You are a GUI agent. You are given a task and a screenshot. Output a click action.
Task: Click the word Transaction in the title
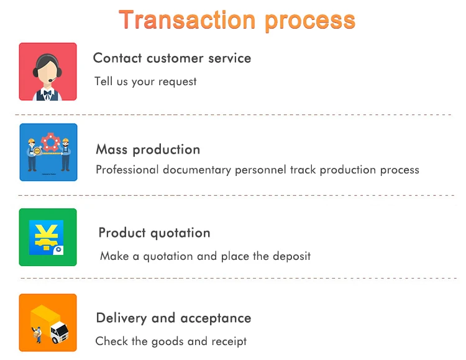[x=187, y=20]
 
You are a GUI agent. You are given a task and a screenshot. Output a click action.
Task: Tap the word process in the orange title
[x=310, y=21]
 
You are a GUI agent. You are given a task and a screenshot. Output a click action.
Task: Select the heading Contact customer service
[x=172, y=58]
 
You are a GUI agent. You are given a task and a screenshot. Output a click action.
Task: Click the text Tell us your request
[x=145, y=81]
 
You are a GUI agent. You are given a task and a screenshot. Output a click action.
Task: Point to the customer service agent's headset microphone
[x=52, y=80]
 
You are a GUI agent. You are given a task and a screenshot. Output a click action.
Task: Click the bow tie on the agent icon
[x=48, y=93]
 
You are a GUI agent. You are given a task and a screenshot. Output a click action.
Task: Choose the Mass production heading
[x=148, y=150]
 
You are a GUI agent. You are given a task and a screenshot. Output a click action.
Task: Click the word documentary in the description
[x=197, y=170]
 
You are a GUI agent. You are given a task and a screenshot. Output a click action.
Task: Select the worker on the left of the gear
[x=32, y=154]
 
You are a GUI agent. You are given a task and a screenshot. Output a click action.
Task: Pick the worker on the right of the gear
[x=66, y=154]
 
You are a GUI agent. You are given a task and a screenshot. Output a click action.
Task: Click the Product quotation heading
[x=155, y=233]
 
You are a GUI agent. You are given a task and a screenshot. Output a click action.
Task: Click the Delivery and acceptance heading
[x=173, y=318]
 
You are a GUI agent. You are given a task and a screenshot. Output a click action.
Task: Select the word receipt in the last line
[x=229, y=341]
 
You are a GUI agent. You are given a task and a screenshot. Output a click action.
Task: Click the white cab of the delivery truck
[x=60, y=332]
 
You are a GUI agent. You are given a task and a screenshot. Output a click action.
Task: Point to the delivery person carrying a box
[x=37, y=335]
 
